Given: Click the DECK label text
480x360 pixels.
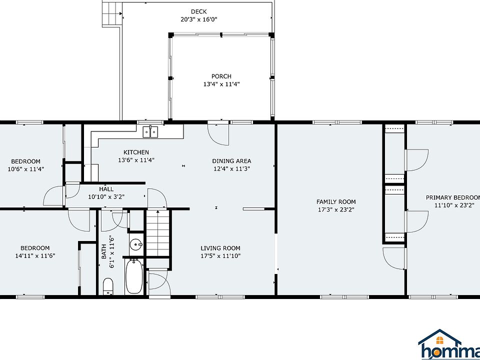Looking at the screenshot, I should tap(198, 11).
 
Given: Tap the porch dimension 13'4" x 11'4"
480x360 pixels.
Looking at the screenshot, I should tap(221, 84).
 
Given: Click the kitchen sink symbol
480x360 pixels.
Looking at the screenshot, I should tap(151, 132).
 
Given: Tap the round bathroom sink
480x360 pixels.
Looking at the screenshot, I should tap(135, 245).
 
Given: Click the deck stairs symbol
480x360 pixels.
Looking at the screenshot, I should tap(110, 13).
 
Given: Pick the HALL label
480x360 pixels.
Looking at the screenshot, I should tap(106, 189).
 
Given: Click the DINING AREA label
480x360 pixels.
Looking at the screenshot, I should tap(231, 161).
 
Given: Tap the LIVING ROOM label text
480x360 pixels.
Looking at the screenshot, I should tap(220, 248).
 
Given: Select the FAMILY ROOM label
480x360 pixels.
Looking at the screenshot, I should tap(336, 202).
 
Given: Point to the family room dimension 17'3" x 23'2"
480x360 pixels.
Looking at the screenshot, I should tap(336, 210).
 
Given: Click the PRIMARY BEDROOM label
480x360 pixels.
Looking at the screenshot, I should tap(452, 197).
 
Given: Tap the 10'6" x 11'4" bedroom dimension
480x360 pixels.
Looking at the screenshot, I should tap(26, 169).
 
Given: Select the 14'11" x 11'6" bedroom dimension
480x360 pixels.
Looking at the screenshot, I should tap(35, 255).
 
